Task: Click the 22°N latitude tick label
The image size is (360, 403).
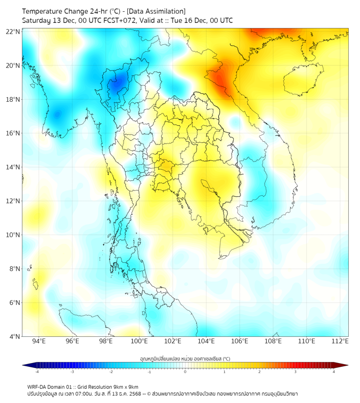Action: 13,31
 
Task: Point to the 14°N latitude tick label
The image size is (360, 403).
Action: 13,167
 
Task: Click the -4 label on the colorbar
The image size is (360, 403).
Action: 36,372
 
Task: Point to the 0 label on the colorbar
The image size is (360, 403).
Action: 185,372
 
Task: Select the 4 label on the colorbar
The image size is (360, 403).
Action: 334,372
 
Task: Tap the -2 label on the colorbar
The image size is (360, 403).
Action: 111,372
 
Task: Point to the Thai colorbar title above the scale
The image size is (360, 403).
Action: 185,358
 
